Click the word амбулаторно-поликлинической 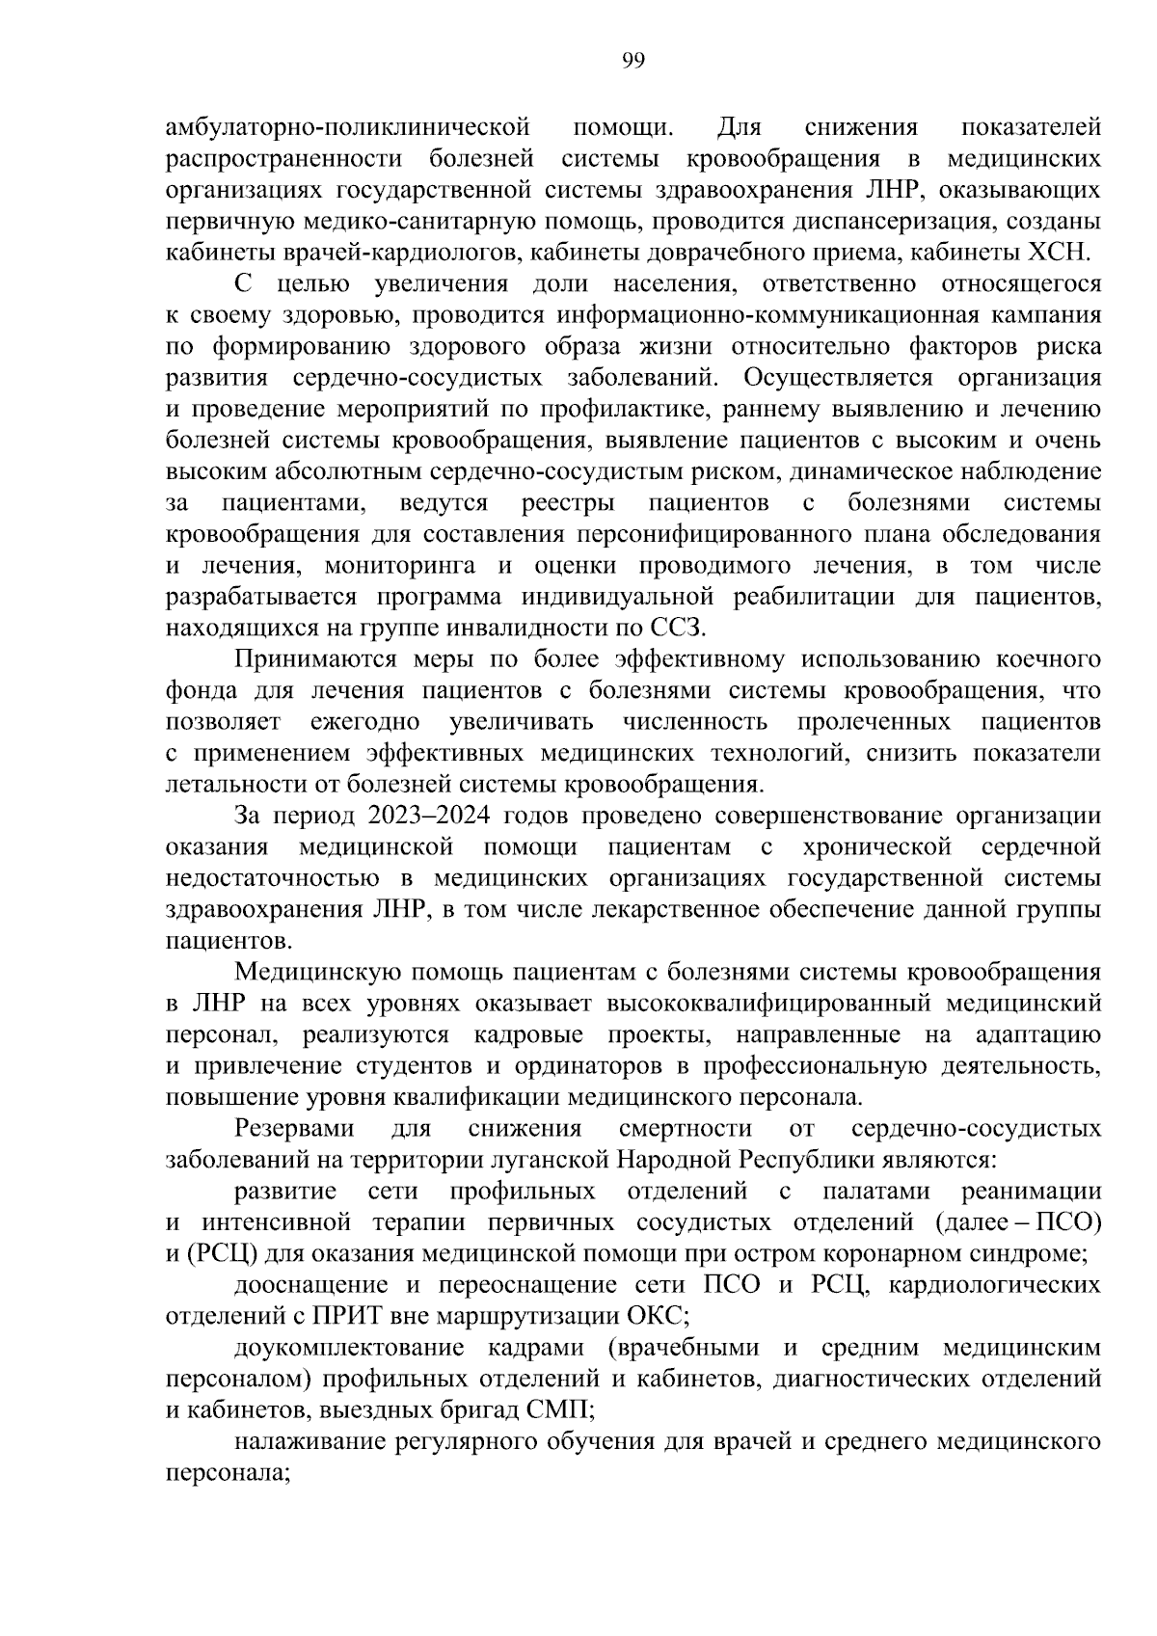pos(349,127)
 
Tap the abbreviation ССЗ pos(680,629)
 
